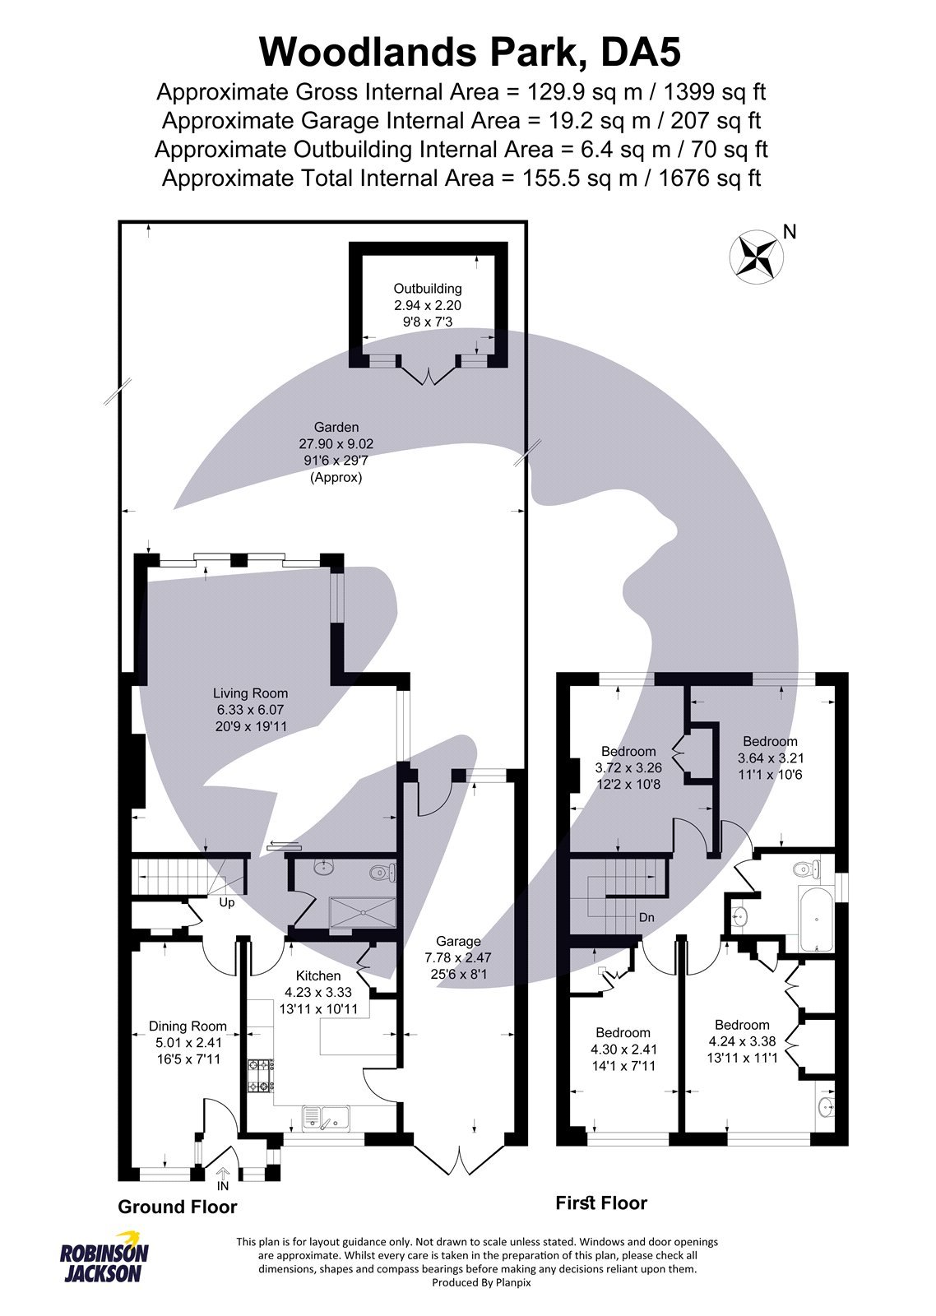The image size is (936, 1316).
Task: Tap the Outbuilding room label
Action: click(427, 290)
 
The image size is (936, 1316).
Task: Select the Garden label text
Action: click(336, 428)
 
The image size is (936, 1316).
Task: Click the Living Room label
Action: click(250, 694)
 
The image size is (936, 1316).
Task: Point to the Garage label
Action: click(458, 942)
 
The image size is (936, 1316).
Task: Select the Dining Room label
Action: click(187, 1026)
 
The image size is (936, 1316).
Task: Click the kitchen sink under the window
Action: click(326, 1117)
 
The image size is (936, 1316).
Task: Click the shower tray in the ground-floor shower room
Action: click(363, 912)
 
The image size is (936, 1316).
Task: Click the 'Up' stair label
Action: click(226, 903)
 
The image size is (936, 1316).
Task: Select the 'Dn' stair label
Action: click(646, 917)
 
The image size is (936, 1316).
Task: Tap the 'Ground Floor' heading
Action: click(177, 1207)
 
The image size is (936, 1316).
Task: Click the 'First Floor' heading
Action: click(600, 1203)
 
